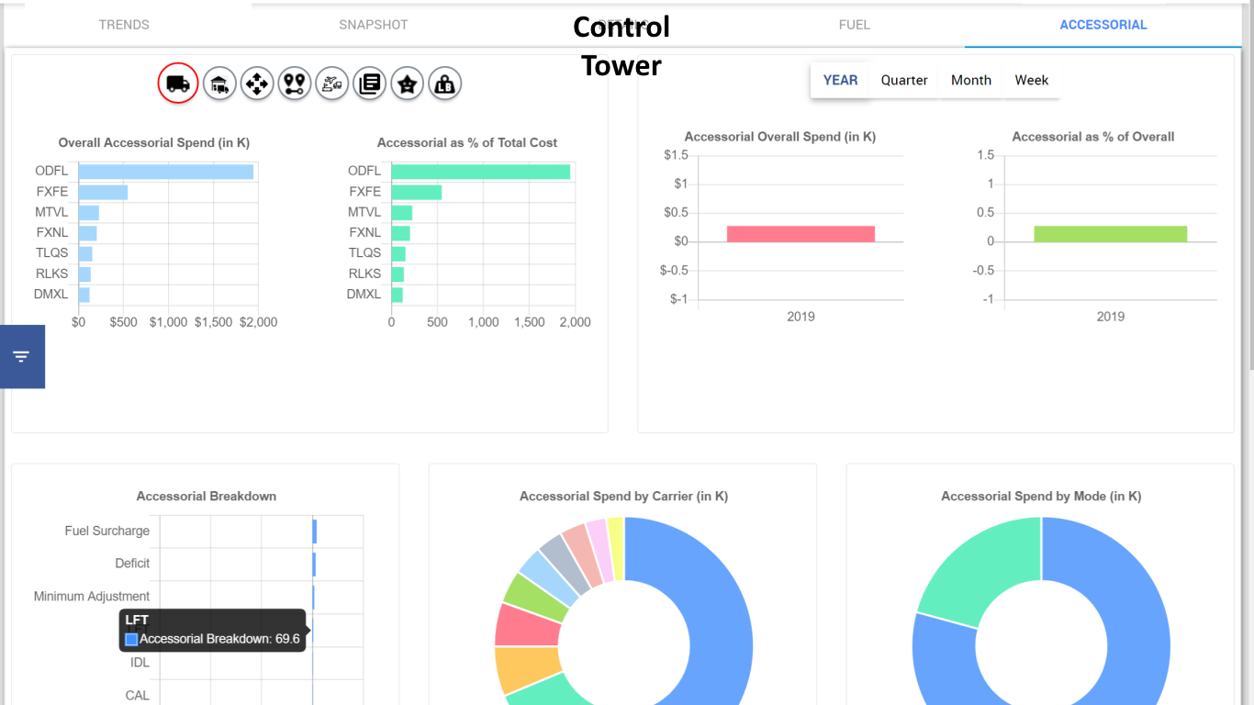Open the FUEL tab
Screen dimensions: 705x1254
click(x=854, y=25)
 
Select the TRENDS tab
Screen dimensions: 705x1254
click(x=124, y=25)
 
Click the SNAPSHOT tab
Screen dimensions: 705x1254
click(x=374, y=25)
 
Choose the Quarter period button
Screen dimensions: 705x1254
click(x=904, y=80)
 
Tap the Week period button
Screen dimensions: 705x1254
click(x=1031, y=80)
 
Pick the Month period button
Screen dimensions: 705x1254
click(x=970, y=80)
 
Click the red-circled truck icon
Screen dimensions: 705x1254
click(x=178, y=84)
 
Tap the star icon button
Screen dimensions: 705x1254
click(x=407, y=84)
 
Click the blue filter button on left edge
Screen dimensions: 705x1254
click(x=22, y=356)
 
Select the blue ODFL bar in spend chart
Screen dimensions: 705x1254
click(x=165, y=172)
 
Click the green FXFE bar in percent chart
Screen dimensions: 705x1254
click(x=416, y=192)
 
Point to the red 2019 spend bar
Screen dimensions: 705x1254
click(x=801, y=234)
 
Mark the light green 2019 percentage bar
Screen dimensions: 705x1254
click(x=1110, y=234)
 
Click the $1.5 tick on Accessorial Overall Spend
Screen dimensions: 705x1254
click(x=675, y=155)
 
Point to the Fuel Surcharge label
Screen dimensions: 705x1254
click(x=106, y=531)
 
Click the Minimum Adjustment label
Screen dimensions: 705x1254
click(x=92, y=597)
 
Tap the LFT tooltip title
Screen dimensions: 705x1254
click(x=137, y=621)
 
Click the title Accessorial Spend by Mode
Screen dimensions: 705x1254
click(x=1041, y=497)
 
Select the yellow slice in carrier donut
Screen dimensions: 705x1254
click(x=615, y=548)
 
